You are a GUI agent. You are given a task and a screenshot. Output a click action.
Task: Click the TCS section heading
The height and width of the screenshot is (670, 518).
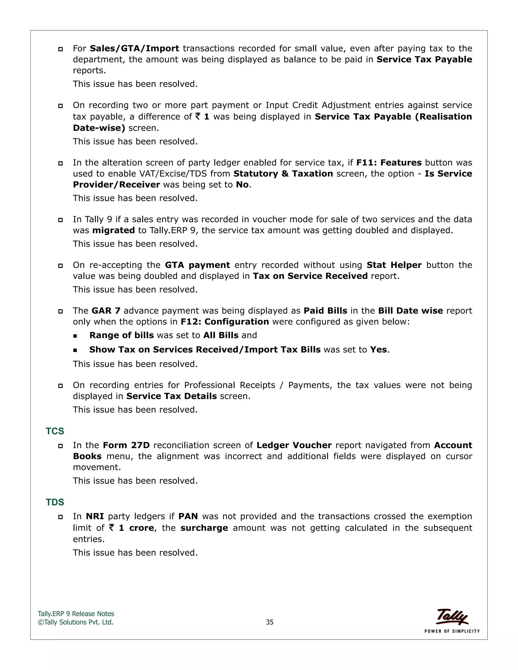click(55, 431)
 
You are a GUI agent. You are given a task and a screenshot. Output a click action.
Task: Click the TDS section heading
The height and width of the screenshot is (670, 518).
click(55, 502)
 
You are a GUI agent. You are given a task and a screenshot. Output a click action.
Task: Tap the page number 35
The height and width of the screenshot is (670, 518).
click(269, 622)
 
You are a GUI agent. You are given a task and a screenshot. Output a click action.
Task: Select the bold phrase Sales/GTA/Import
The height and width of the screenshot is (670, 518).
click(134, 49)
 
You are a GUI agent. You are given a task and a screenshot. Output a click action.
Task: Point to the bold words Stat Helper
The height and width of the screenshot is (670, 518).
click(394, 265)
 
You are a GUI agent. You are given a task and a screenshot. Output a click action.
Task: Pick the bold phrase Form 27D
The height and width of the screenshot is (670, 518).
click(126, 445)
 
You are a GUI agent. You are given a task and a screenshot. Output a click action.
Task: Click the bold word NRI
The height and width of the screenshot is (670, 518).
click(95, 516)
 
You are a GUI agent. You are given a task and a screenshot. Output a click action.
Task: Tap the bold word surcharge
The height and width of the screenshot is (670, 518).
click(204, 528)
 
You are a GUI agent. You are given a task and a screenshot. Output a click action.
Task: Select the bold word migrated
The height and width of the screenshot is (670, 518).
click(114, 230)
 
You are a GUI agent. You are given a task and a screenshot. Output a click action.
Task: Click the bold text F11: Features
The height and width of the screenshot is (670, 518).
click(389, 163)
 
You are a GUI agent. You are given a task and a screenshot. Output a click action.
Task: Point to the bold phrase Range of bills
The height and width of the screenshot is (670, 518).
click(121, 335)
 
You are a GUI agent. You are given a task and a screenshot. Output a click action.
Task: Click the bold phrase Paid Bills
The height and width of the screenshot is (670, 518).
click(325, 311)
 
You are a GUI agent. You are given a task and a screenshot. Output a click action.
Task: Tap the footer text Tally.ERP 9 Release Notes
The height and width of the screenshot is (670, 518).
click(76, 614)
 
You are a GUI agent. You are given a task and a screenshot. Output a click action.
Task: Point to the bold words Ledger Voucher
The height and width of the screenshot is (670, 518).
click(294, 445)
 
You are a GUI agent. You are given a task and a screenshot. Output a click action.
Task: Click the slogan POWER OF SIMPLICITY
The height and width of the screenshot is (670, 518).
click(452, 631)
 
